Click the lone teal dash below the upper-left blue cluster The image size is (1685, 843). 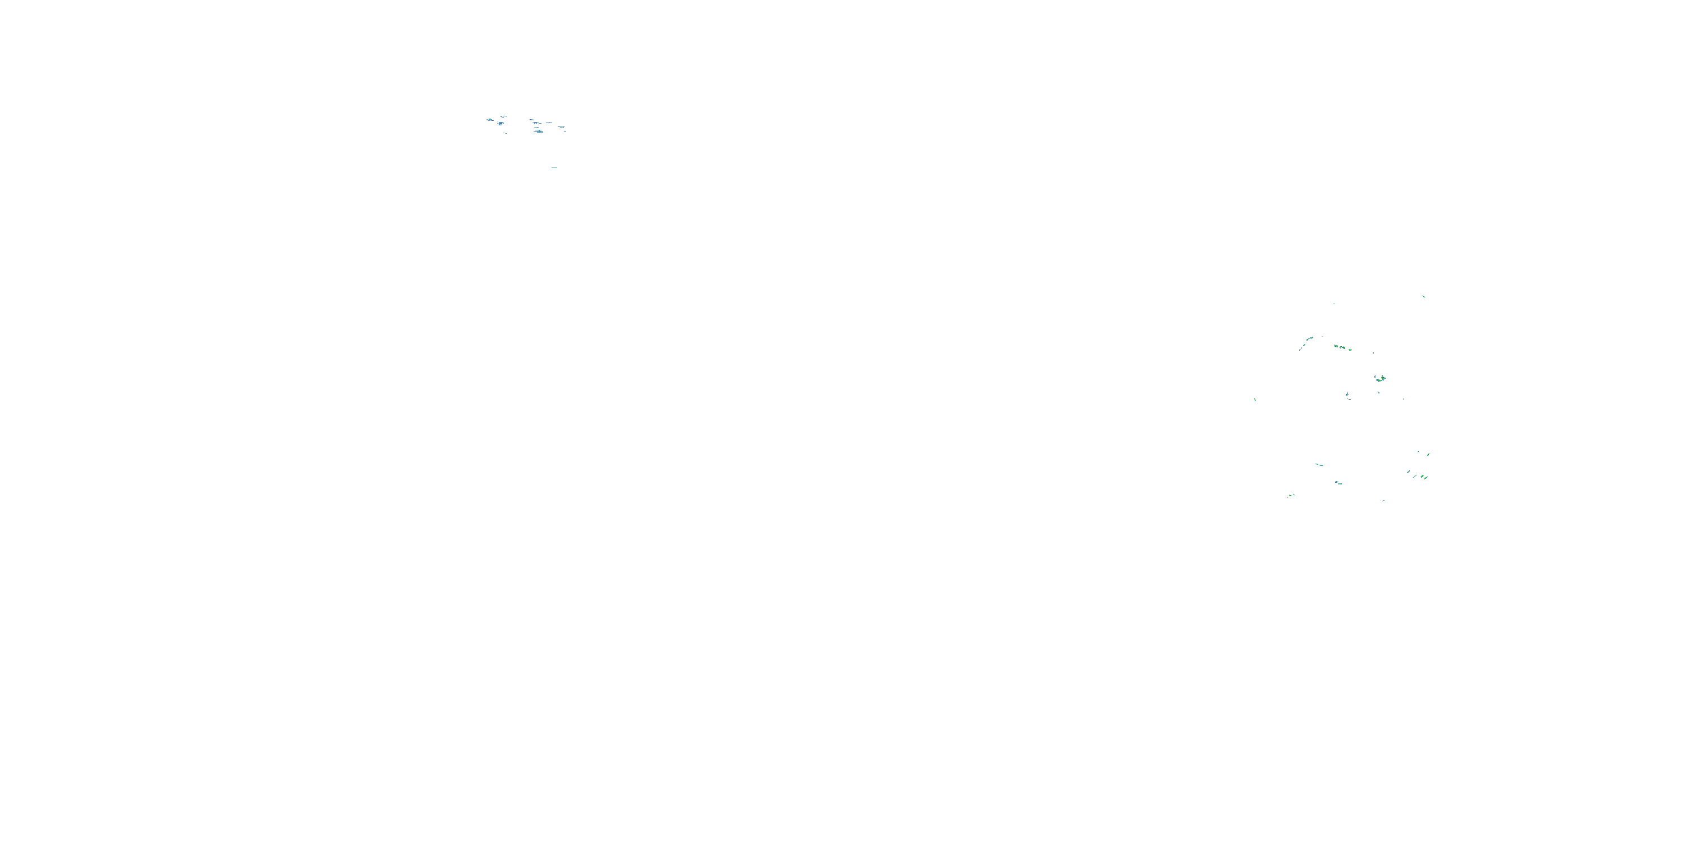(554, 167)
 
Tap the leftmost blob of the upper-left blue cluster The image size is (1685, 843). (489, 120)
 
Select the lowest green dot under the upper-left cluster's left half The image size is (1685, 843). (505, 133)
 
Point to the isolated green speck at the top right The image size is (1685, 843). (1423, 297)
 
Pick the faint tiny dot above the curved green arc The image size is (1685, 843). (1333, 303)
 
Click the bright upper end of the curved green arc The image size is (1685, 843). (1310, 338)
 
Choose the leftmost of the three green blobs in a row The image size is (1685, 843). (1336, 346)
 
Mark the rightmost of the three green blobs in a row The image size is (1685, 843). (1350, 350)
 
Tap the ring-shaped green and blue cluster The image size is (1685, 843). (1380, 378)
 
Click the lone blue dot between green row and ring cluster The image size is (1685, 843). (1373, 353)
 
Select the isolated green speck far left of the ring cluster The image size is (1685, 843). (1255, 399)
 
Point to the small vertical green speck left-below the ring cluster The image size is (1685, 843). (1347, 395)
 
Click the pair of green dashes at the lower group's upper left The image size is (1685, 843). (1319, 465)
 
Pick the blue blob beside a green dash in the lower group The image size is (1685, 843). (1338, 483)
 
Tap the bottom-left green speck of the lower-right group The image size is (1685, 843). (1291, 496)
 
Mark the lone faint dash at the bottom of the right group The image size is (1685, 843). (1383, 501)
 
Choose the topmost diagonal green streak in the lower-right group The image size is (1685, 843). (1428, 454)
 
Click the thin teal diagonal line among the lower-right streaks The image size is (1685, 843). (1418, 452)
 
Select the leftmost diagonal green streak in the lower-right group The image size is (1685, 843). (1408, 472)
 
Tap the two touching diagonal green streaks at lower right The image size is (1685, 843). (1423, 477)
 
